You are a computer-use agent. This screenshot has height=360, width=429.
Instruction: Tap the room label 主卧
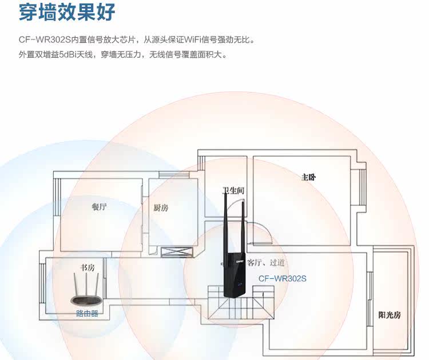308,177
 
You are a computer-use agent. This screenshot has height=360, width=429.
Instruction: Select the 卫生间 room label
233,190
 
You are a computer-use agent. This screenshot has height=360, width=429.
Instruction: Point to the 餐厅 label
99,207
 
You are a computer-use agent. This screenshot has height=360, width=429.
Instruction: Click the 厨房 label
161,208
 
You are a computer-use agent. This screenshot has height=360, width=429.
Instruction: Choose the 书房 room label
88,267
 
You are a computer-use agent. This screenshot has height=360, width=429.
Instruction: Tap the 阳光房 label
390,315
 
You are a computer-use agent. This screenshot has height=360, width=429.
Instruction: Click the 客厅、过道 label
266,263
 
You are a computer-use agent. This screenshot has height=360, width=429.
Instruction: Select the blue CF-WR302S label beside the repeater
283,278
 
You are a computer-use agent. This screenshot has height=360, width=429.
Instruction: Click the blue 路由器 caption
87,313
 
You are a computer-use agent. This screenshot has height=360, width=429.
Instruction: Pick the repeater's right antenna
243,227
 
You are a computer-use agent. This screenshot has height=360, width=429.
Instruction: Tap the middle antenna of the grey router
86,284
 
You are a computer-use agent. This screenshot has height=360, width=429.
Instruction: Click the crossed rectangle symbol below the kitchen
177,252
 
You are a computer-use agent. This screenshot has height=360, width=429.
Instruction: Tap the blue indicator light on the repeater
240,284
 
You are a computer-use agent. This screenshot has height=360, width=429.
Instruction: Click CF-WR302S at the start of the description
45,39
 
